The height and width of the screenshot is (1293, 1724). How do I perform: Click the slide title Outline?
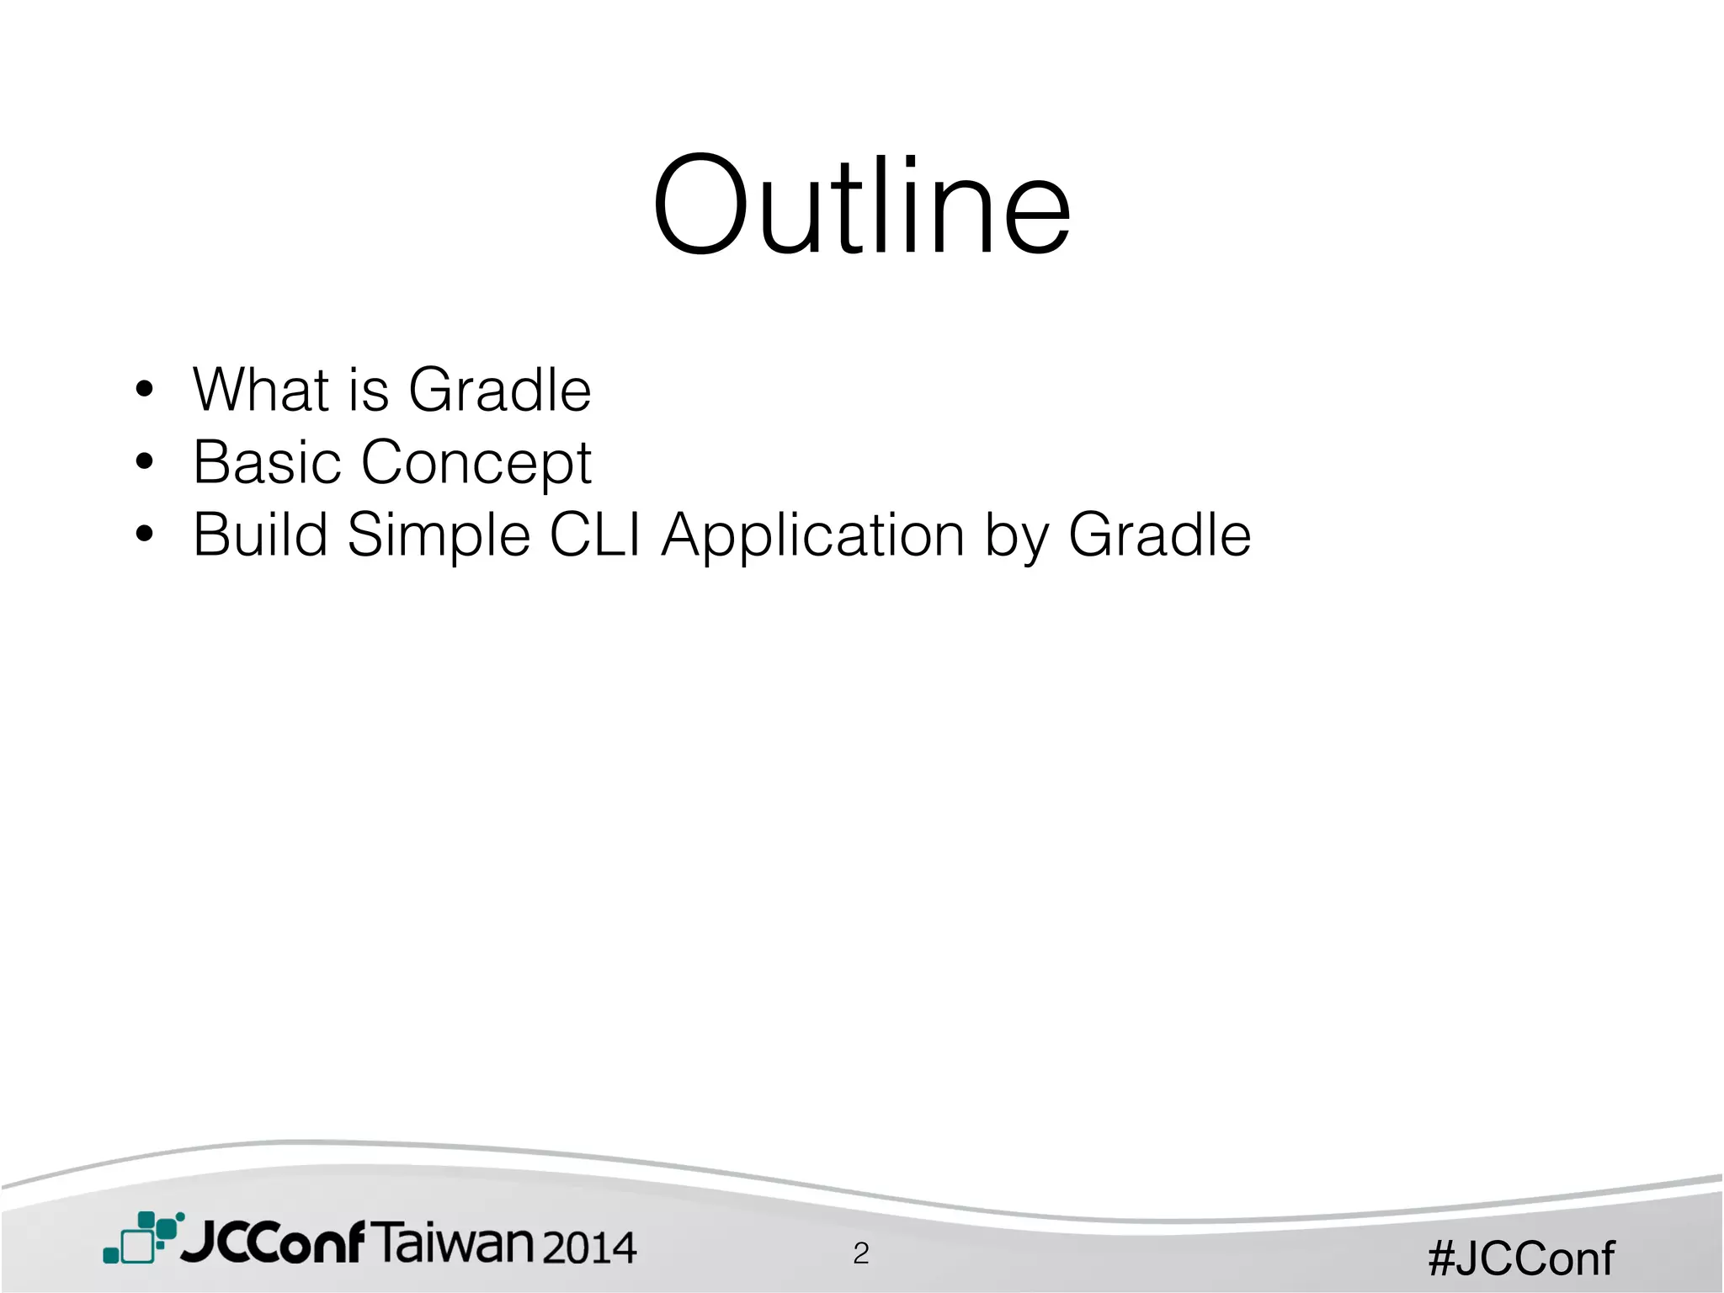click(x=862, y=206)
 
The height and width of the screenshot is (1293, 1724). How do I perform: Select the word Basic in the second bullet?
click(x=267, y=462)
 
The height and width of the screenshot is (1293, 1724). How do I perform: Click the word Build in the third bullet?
click(x=260, y=535)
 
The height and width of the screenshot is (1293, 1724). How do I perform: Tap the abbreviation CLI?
click(x=594, y=535)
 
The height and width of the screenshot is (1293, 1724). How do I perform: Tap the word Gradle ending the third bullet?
click(x=1159, y=535)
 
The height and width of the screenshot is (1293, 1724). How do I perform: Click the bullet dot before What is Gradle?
click(x=145, y=390)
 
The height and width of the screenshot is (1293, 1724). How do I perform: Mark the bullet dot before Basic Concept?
click(x=145, y=462)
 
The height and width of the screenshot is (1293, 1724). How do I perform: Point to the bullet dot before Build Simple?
click(x=145, y=535)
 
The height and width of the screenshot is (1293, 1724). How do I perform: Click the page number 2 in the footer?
click(x=860, y=1254)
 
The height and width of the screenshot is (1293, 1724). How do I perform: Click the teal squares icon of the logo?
click(x=142, y=1237)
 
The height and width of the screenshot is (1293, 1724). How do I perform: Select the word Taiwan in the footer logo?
click(x=452, y=1244)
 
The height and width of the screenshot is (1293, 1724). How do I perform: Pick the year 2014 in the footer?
click(x=588, y=1248)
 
